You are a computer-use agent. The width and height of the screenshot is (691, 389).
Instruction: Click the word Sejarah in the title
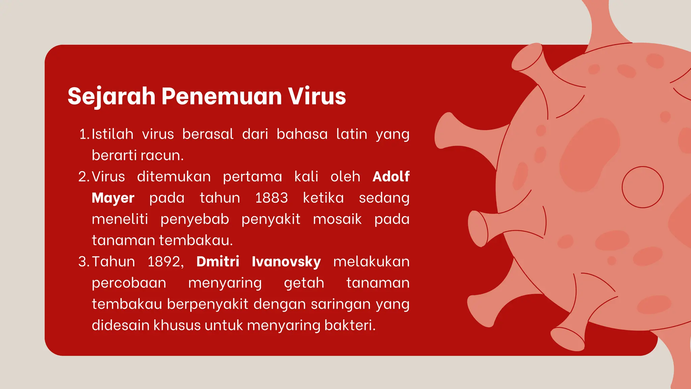click(111, 97)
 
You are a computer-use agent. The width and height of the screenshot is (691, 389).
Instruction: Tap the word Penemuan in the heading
click(221, 97)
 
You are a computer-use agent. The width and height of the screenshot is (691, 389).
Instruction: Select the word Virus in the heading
click(317, 97)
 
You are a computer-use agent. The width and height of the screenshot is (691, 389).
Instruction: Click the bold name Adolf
click(391, 177)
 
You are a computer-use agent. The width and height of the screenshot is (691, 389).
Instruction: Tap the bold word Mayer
click(113, 198)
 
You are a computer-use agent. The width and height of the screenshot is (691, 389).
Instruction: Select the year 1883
click(271, 198)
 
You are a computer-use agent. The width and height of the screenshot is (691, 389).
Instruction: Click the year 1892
click(165, 262)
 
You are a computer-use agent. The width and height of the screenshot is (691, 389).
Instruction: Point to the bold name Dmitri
click(218, 262)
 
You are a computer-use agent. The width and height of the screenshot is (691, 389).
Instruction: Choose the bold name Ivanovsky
click(286, 262)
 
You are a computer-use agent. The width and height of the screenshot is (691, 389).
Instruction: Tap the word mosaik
click(337, 219)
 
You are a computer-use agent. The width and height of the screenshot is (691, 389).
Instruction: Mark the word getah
click(304, 283)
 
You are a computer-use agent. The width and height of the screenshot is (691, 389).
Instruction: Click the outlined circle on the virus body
click(642, 187)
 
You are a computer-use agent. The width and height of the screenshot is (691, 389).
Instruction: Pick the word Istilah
click(112, 134)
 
